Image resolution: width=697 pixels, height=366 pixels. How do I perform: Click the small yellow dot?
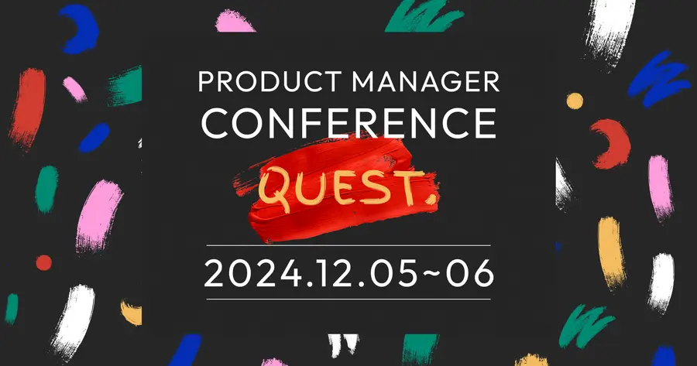tap(575, 101)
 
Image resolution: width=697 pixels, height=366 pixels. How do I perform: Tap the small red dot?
tap(43, 262)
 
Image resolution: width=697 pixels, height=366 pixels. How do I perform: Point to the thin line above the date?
tap(348, 245)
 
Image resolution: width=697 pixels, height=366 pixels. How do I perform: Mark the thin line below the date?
tap(348, 299)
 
